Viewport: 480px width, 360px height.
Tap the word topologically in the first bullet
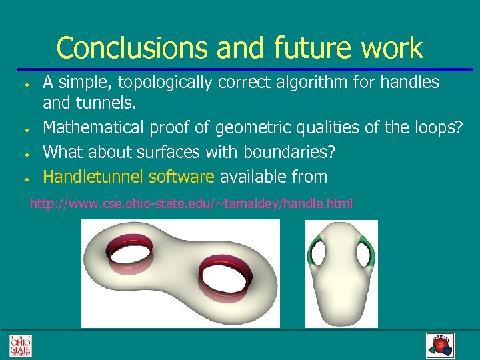pos(163,83)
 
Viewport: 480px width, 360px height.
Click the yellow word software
pos(181,177)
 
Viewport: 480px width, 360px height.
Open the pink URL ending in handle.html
pos(191,203)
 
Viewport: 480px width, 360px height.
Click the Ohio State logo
pos(20,345)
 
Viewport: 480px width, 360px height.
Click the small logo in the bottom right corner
pos(439,345)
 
